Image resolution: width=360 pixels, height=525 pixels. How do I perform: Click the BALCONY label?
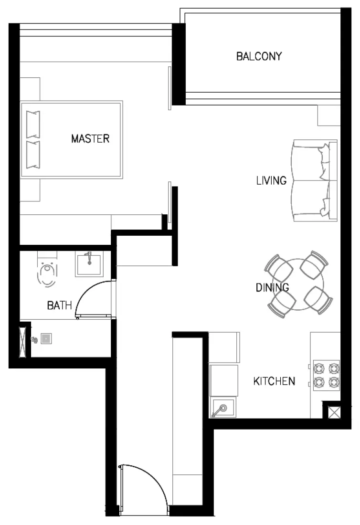coord(259,56)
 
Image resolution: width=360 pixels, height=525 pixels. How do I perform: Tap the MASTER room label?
coord(90,139)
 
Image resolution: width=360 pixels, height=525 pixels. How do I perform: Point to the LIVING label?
coord(271,180)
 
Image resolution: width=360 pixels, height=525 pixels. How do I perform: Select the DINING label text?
coord(272,287)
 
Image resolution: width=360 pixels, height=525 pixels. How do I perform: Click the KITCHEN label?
coord(274,381)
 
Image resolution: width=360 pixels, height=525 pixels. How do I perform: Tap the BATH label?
coord(59,305)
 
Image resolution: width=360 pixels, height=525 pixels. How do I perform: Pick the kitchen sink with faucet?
coord(222,409)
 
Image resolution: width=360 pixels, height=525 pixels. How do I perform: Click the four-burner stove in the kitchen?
coord(327,375)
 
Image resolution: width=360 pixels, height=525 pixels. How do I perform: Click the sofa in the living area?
coord(315,181)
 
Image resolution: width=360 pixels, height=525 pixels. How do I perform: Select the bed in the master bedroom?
coord(72,139)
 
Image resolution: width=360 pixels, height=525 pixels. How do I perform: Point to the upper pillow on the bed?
coord(33,124)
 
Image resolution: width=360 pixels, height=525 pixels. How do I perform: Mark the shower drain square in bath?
coord(46,339)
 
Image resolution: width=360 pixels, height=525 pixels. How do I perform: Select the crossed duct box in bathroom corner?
coord(23,341)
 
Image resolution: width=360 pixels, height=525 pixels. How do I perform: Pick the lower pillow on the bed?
coord(33,154)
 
